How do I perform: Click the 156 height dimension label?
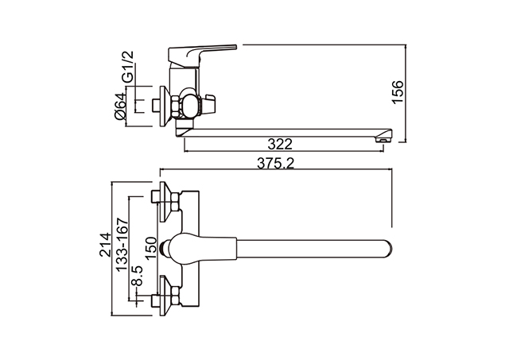click(x=398, y=91)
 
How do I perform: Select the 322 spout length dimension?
click(x=280, y=144)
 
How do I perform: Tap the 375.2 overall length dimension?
click(x=276, y=163)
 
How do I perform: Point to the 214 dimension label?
click(x=105, y=245)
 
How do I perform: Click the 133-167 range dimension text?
click(x=122, y=245)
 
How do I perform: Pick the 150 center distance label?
click(x=151, y=248)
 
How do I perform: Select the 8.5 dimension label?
click(x=137, y=276)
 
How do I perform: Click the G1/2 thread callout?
click(x=128, y=67)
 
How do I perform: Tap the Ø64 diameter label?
click(x=121, y=106)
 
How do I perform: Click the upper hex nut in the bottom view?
click(x=175, y=201)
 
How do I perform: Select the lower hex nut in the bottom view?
click(x=175, y=296)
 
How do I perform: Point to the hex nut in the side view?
click(x=175, y=106)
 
